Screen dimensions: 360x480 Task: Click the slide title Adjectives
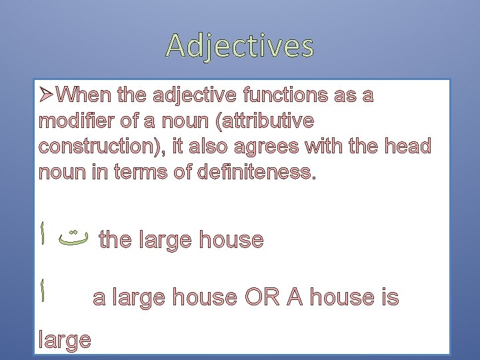click(x=240, y=46)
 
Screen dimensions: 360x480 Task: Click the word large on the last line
click(x=65, y=340)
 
